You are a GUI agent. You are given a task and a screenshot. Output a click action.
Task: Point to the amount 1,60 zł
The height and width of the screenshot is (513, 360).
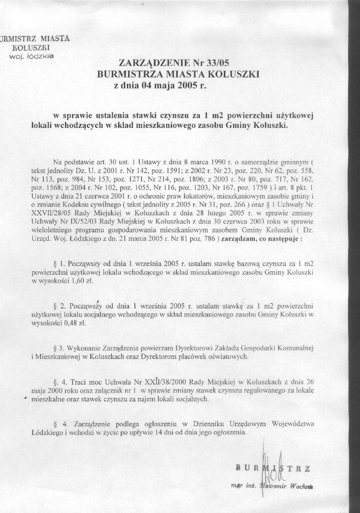87,281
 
